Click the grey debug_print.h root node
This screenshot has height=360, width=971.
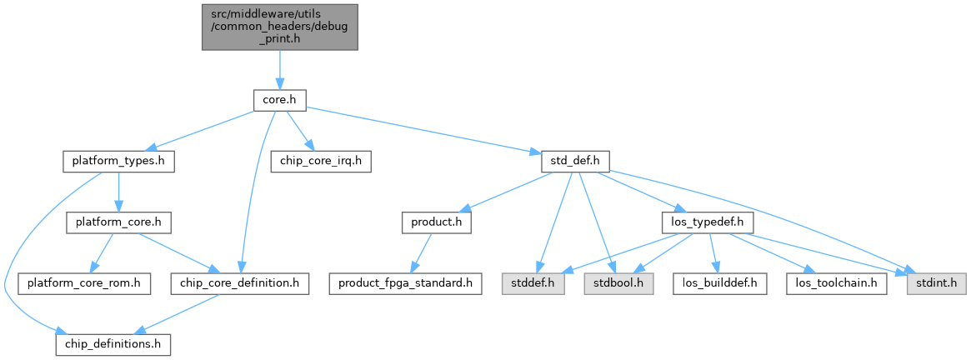click(x=280, y=27)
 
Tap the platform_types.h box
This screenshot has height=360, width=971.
click(x=118, y=162)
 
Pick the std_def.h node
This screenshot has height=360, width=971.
click(x=576, y=162)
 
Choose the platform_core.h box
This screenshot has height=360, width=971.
click(x=118, y=222)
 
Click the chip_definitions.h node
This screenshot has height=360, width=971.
click(x=113, y=344)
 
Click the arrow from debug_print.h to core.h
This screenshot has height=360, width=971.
click(x=280, y=69)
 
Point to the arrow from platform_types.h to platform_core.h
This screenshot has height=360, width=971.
click(x=118, y=192)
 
